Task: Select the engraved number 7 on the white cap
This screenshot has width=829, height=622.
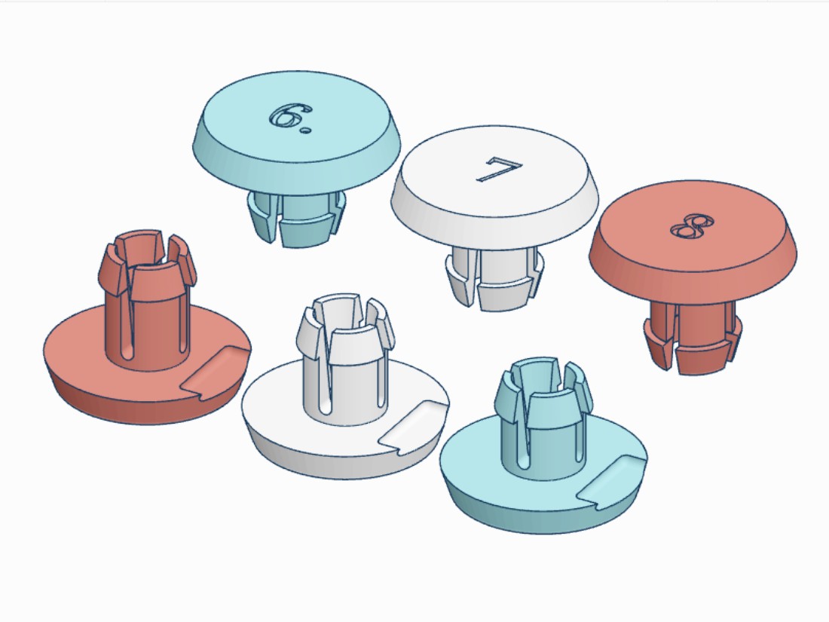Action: [499, 169]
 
